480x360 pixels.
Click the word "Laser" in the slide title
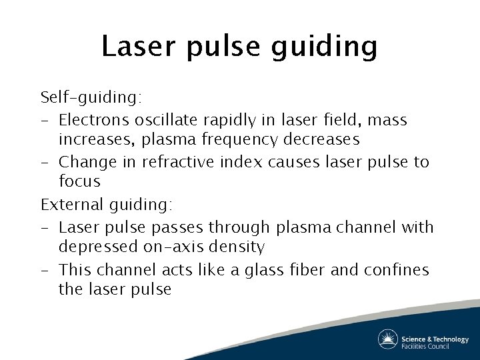pyautogui.click(x=137, y=46)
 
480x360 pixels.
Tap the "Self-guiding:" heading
pyautogui.click(x=91, y=98)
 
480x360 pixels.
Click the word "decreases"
pyautogui.click(x=325, y=139)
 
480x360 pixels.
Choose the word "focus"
pyautogui.click(x=79, y=181)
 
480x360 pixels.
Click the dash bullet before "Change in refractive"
pyautogui.click(x=45, y=162)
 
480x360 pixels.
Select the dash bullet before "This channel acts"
pyautogui.click(x=45, y=270)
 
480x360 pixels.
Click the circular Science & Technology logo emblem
pyautogui.click(x=387, y=339)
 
